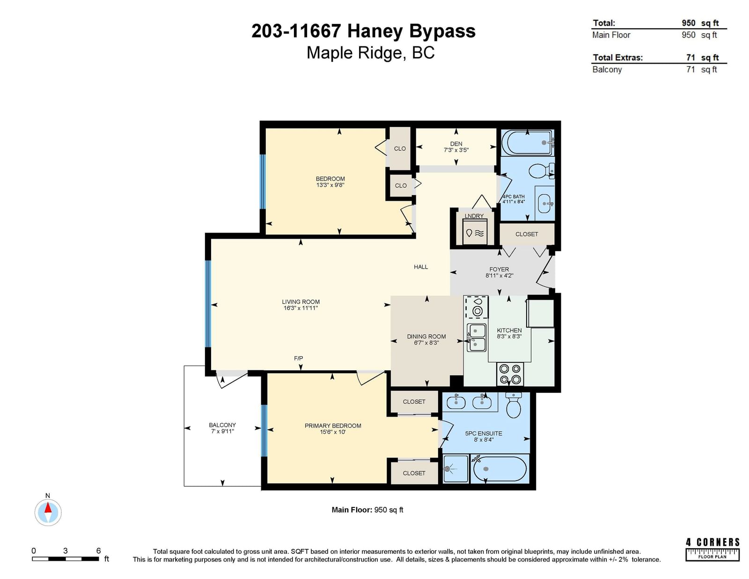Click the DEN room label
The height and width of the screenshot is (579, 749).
pyautogui.click(x=456, y=144)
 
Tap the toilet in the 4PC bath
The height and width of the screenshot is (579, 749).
pyautogui.click(x=541, y=170)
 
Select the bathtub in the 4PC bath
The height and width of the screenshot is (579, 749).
pyautogui.click(x=528, y=143)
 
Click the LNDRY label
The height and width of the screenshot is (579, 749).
pyautogui.click(x=474, y=216)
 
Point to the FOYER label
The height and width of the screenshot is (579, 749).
pyautogui.click(x=499, y=269)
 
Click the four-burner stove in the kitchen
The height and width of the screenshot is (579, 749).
pyautogui.click(x=510, y=374)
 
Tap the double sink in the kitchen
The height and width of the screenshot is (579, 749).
pyautogui.click(x=477, y=337)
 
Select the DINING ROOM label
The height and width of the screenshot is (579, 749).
pyautogui.click(x=426, y=337)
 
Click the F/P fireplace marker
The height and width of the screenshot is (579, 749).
pyautogui.click(x=299, y=359)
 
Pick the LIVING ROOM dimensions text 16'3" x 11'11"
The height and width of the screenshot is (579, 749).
pyautogui.click(x=301, y=308)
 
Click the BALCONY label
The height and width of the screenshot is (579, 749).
pyautogui.click(x=222, y=425)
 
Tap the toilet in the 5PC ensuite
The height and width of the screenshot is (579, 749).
pyautogui.click(x=514, y=405)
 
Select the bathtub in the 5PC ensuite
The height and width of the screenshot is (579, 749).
pyautogui.click(x=500, y=469)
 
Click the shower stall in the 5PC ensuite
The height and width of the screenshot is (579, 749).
pyautogui.click(x=455, y=469)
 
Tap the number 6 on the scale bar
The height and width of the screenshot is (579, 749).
pyautogui.click(x=98, y=551)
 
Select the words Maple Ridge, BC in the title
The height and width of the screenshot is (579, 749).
pyautogui.click(x=371, y=53)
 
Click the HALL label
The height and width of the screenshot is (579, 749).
pyautogui.click(x=421, y=267)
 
